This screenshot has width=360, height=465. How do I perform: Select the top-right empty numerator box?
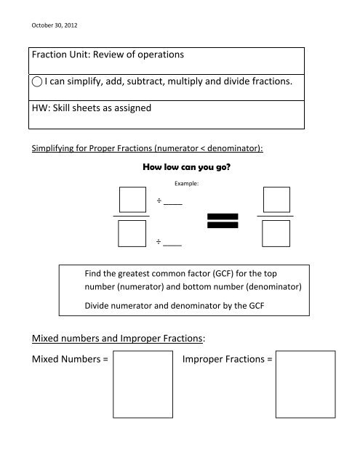pos(276,200)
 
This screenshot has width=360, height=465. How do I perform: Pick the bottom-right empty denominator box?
pos(276,233)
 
